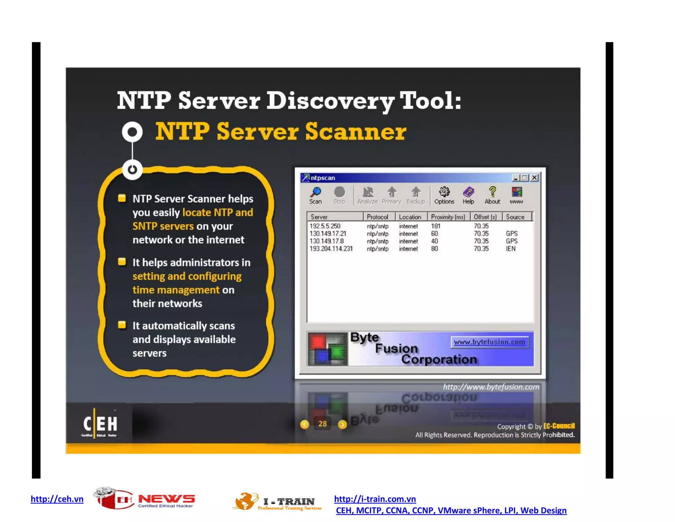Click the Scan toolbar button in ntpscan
315,195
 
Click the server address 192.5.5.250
325,226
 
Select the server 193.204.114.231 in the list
331,249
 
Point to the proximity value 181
435,226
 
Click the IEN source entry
511,249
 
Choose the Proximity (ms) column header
448,217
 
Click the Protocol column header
377,217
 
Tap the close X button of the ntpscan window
535,178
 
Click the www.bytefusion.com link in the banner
489,342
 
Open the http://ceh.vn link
57,499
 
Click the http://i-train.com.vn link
375,499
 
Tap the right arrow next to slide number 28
342,424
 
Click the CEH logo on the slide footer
100,424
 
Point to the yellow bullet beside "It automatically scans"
122,325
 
